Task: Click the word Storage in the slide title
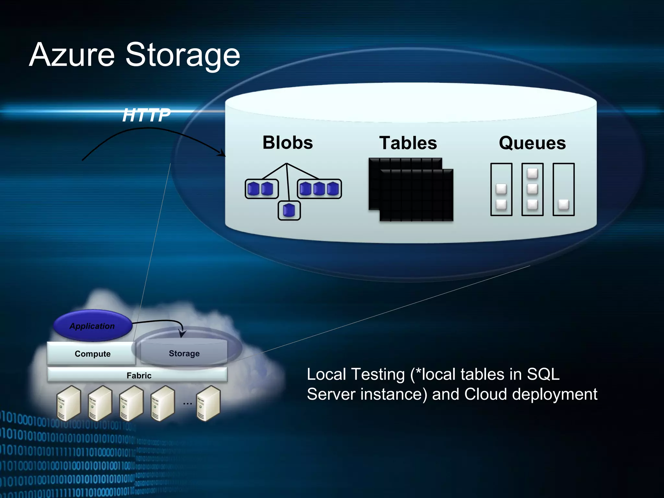point(183,55)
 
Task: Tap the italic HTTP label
point(146,115)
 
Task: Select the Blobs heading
point(288,143)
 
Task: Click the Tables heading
point(408,143)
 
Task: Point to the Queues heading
point(532,143)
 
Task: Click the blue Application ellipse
point(92,326)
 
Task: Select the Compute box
point(92,353)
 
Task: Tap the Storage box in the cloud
point(184,353)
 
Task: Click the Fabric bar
point(138,375)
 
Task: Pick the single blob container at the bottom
point(289,210)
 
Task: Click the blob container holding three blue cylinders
point(319,189)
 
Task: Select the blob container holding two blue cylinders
point(261,189)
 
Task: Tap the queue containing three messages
point(532,189)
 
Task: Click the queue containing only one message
point(563,189)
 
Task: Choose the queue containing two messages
point(501,189)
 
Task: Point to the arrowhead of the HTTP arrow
point(223,154)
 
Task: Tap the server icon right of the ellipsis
point(208,403)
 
